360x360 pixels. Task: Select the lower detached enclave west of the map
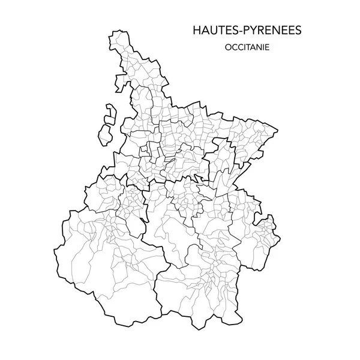(106, 133)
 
